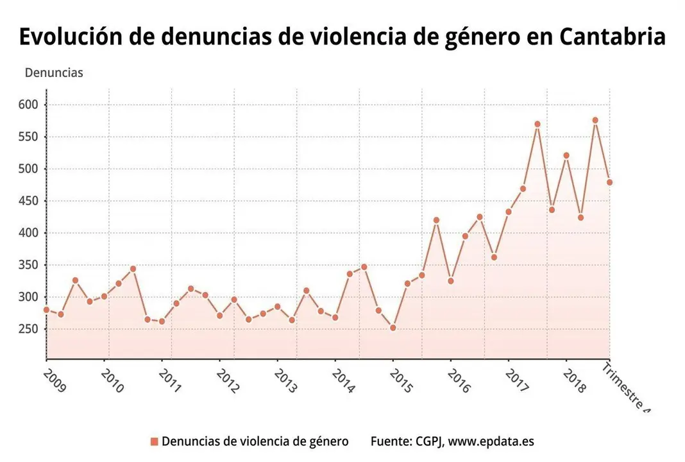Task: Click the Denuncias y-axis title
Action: click(x=54, y=73)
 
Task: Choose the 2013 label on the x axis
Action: click(x=285, y=380)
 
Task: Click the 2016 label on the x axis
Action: click(x=459, y=380)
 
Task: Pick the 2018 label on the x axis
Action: click(x=575, y=380)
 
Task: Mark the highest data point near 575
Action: click(x=595, y=120)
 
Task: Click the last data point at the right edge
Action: click(x=609, y=182)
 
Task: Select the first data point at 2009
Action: click(x=46, y=310)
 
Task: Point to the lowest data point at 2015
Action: click(x=393, y=328)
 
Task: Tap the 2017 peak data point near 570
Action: click(x=537, y=124)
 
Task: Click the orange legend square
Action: click(x=154, y=441)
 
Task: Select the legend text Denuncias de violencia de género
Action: click(x=255, y=441)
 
